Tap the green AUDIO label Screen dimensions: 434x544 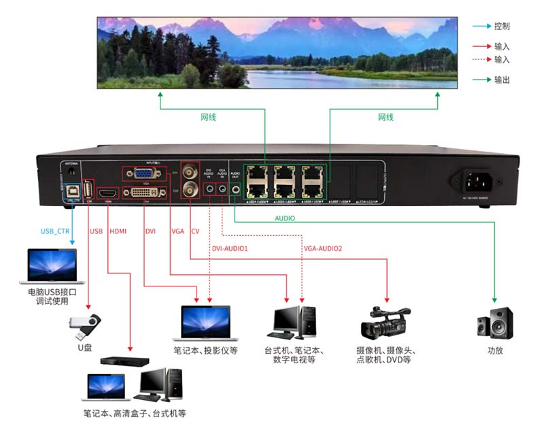[285, 219]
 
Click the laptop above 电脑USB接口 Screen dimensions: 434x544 [52, 266]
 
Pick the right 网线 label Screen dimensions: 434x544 [386, 118]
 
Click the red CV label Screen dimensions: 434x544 [195, 231]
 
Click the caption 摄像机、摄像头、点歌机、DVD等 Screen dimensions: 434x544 [385, 355]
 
